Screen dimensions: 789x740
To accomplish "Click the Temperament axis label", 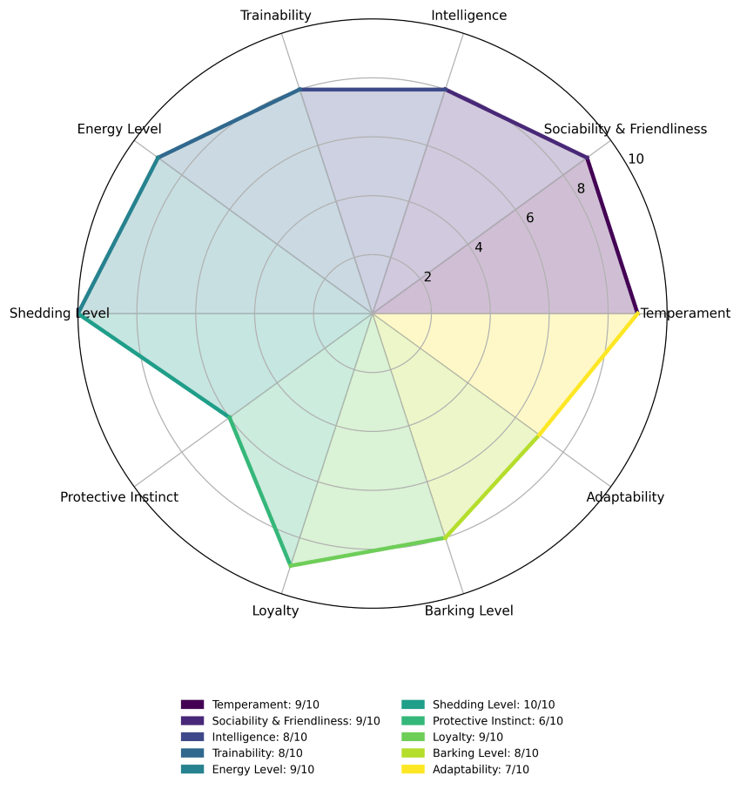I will click(686, 314).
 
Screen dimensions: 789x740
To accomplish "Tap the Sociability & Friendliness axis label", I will click(625, 130).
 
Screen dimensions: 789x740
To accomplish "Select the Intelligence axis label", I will click(469, 16).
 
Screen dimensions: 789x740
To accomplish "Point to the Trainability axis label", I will click(276, 16).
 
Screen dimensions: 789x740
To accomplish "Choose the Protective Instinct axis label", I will click(119, 497).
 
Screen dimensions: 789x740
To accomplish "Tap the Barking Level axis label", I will click(469, 610).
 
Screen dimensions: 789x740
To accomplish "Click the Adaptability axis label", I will click(625, 497).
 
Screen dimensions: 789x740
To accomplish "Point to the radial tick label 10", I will click(636, 159).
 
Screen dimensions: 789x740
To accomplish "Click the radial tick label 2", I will click(427, 278).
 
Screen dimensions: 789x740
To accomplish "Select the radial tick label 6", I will click(529, 218).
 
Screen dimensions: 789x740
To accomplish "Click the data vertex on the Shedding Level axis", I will click(79, 314).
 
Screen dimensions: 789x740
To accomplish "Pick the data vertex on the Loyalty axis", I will click(291, 566).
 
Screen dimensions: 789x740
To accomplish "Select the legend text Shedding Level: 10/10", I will click(493, 705).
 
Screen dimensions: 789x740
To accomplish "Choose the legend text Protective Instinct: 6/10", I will click(497, 721).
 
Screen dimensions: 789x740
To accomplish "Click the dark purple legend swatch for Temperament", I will click(192, 705).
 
